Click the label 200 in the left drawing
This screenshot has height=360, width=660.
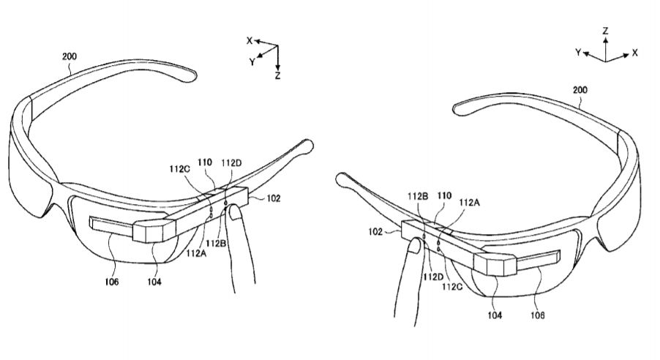70,56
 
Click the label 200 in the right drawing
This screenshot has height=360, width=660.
580,90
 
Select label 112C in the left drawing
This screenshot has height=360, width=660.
180,169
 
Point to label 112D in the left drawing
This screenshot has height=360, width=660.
231,163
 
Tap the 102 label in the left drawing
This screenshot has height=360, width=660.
274,198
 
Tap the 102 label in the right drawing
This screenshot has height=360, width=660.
375,231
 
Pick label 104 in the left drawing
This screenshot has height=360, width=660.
154,282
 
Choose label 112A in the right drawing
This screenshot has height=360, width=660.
469,203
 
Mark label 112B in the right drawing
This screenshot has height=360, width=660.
418,196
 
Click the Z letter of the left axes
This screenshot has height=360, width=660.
277,76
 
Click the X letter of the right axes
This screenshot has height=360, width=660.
634,53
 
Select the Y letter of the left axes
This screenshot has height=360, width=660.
252,62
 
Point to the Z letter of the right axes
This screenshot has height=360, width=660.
605,31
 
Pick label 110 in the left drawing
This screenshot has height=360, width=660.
205,162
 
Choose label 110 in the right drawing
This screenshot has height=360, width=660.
444,195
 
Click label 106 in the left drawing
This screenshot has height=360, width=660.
112,282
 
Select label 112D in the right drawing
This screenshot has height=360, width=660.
434,277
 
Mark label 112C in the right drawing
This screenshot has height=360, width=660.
452,286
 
